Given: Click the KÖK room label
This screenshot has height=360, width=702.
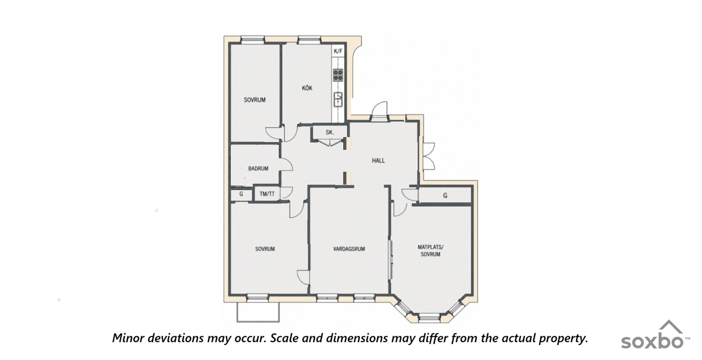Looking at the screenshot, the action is click(307, 88).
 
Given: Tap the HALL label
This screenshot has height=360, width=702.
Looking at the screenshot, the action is click(378, 161).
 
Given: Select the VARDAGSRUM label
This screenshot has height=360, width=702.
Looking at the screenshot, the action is click(349, 249).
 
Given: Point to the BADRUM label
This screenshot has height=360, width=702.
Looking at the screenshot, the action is click(258, 169).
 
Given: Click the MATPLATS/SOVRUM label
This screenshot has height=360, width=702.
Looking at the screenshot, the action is click(431, 251).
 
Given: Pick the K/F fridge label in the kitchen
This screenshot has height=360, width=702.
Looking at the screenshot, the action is click(338, 51).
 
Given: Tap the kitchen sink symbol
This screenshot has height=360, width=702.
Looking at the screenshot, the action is click(338, 100).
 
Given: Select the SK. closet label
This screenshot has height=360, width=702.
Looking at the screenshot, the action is click(330, 132).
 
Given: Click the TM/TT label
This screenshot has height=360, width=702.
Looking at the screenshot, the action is click(267, 194).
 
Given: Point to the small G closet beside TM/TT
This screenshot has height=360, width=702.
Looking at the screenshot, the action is click(241, 194).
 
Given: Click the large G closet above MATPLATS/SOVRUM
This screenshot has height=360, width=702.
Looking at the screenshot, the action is click(445, 196).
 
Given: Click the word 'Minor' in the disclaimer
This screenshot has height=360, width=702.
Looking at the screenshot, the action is click(127, 338).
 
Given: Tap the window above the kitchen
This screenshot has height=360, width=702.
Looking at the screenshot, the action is click(309, 40).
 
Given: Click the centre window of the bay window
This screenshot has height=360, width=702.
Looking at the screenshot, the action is click(429, 318).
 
